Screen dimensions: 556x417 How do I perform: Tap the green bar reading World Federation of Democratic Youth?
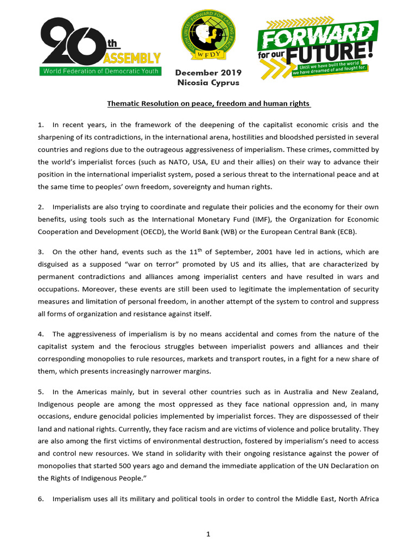[x=100, y=71]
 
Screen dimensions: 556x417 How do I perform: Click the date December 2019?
[x=208, y=73]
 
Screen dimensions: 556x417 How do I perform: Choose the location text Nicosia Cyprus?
[x=208, y=83]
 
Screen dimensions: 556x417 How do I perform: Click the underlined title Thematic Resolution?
[x=208, y=103]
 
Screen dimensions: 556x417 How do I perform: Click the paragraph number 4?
[x=41, y=334]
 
